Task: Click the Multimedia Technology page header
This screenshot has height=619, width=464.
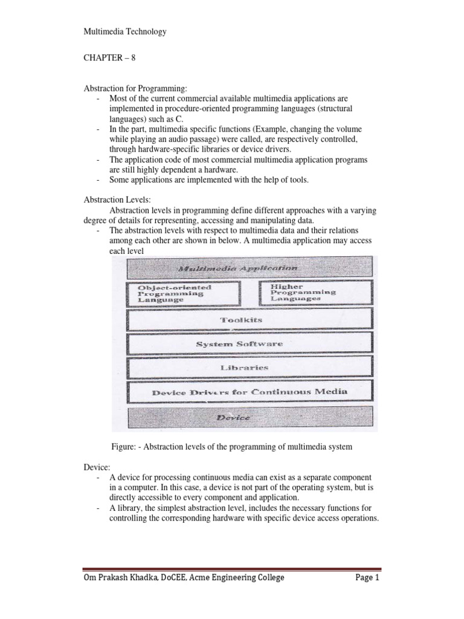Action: click(x=124, y=31)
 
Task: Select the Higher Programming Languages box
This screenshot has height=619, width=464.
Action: click(x=314, y=293)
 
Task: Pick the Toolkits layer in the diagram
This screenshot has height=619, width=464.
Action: click(x=250, y=320)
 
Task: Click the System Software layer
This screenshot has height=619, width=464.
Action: click(x=250, y=343)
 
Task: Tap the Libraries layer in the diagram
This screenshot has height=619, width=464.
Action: click(x=250, y=367)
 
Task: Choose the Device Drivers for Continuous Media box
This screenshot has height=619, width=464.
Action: click(x=250, y=392)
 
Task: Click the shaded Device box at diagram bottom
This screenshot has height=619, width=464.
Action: click(x=250, y=417)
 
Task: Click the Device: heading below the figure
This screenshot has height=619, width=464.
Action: click(x=95, y=467)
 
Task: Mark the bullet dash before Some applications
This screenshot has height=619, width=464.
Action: click(x=98, y=180)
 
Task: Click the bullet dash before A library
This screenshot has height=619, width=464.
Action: click(x=98, y=508)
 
